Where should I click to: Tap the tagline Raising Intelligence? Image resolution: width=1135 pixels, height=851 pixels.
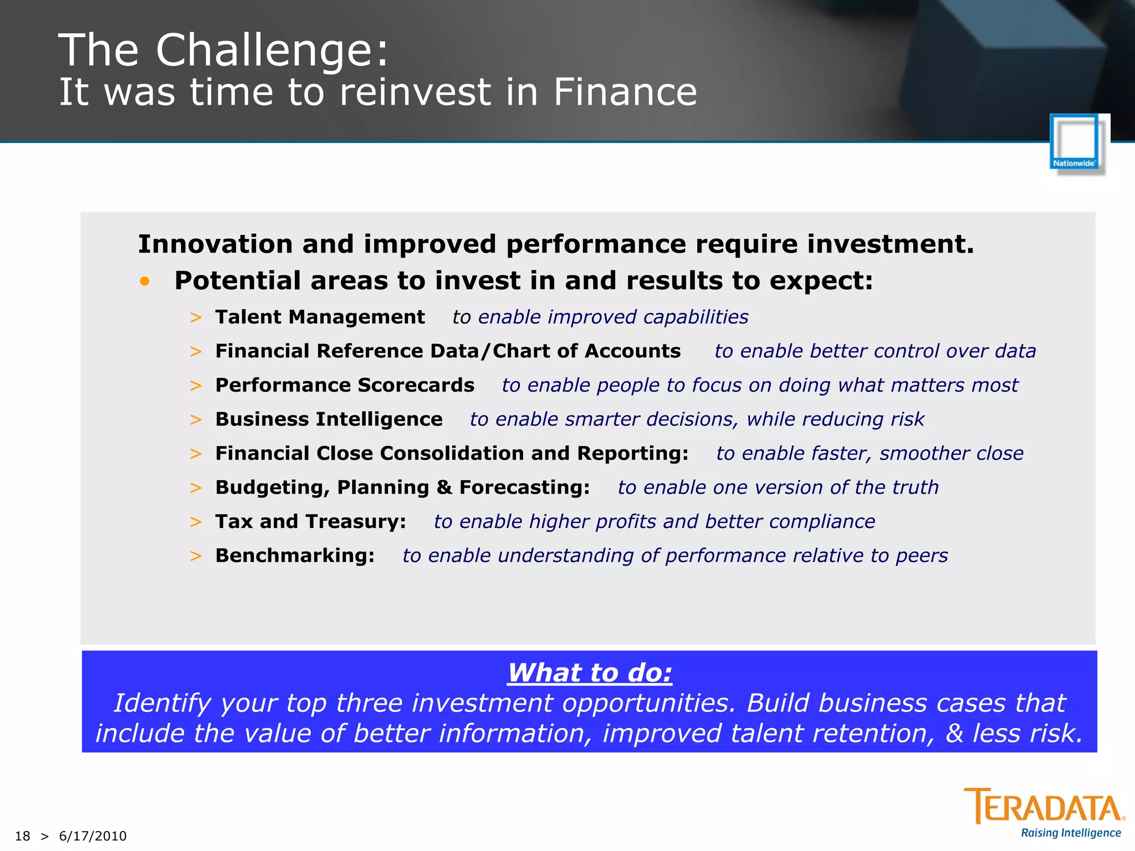tap(1071, 833)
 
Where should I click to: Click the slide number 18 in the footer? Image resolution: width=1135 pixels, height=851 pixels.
tap(22, 836)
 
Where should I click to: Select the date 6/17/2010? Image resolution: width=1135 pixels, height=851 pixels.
tap(93, 836)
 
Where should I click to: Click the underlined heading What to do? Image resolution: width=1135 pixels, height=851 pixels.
tap(590, 673)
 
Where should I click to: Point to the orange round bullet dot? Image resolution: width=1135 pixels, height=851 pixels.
tap(145, 281)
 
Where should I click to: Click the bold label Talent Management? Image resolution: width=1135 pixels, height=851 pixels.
tap(320, 317)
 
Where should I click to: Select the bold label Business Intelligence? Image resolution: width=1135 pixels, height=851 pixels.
tap(329, 419)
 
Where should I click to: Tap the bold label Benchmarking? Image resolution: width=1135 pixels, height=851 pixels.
tap(295, 556)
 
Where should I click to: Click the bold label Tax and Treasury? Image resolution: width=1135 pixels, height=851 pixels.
tap(310, 521)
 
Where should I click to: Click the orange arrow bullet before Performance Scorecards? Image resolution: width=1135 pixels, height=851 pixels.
tap(196, 386)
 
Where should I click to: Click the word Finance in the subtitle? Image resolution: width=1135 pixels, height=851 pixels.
tap(625, 92)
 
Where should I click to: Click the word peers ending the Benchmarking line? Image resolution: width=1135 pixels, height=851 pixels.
tap(922, 556)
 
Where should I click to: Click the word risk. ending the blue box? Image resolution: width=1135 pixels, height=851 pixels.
tap(1055, 734)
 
